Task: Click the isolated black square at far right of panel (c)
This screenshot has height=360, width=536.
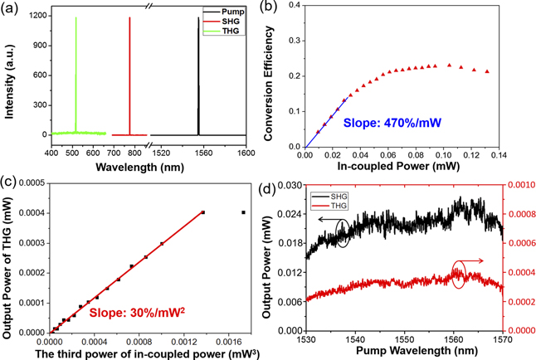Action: pyautogui.click(x=243, y=212)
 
